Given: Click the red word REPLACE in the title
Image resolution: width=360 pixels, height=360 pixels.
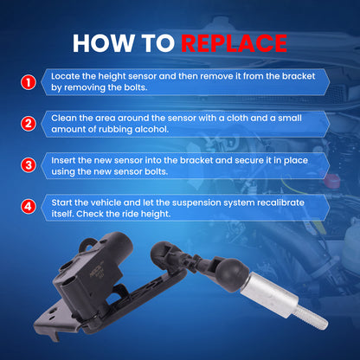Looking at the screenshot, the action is click(234, 43).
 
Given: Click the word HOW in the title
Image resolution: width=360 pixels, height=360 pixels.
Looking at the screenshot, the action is click(103, 43).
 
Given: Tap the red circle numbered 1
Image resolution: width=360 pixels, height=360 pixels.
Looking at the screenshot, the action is click(29, 82).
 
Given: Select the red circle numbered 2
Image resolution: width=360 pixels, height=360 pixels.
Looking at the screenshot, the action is click(29, 124).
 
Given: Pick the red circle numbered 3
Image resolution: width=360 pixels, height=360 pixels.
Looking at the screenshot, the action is click(29, 165).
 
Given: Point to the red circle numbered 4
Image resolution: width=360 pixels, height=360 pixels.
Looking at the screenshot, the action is click(29, 207).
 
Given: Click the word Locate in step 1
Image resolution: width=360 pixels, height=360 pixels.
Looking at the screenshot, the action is click(65, 76).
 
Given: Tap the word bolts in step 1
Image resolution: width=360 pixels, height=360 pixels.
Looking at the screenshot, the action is click(136, 87).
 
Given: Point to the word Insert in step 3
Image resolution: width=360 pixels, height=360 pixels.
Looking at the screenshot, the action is click(63, 160).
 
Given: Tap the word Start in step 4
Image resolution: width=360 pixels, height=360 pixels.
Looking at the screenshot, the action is click(61, 202).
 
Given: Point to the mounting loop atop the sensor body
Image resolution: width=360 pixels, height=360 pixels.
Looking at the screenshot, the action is click(87, 243).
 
